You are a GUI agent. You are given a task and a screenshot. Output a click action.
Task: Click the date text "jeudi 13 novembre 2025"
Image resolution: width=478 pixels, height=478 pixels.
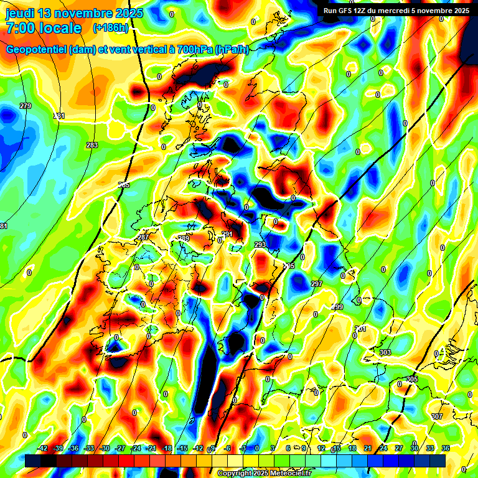(75, 13)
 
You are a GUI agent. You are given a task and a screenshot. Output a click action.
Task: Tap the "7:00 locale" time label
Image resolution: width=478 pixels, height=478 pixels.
(44, 28)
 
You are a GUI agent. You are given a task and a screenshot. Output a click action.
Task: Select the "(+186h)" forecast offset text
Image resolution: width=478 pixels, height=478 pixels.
(111, 28)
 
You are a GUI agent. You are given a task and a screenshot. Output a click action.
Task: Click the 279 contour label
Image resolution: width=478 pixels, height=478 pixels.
(26, 106)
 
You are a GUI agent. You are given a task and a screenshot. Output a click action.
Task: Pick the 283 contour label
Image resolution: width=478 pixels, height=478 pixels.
(92, 145)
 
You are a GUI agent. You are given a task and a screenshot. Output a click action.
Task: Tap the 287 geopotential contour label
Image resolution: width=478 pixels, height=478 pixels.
(143, 238)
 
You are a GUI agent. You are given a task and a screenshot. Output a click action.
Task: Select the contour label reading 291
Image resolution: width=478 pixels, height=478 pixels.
(227, 234)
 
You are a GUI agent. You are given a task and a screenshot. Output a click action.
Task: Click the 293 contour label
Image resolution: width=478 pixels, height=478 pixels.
(260, 245)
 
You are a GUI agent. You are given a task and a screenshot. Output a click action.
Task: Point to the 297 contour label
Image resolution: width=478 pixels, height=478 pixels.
(317, 284)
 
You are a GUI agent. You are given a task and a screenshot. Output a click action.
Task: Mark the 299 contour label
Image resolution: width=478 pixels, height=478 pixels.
(337, 307)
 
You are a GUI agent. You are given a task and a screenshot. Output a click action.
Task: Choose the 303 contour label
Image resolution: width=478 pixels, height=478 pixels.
(385, 352)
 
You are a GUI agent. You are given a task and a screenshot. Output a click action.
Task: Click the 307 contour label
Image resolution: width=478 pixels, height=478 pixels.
(436, 416)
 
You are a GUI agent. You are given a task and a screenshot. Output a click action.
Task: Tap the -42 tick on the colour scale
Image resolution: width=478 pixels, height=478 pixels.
(43, 448)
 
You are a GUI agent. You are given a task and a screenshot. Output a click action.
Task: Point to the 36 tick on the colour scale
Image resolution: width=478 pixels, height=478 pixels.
(446, 448)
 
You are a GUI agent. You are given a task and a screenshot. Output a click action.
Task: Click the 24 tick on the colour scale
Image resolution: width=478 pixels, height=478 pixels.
(383, 448)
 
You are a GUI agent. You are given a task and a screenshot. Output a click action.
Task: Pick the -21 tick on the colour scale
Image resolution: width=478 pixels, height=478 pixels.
(151, 448)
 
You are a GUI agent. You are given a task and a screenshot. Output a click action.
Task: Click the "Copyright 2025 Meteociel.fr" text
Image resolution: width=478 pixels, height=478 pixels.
(264, 473)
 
